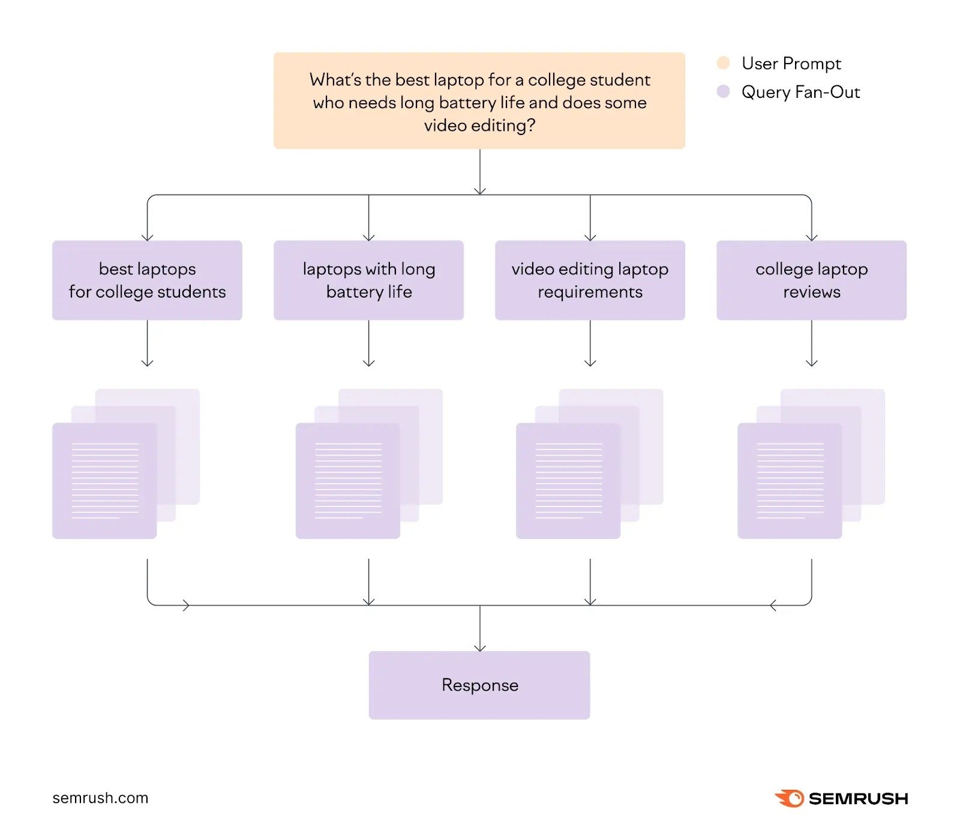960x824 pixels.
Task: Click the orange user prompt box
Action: [479, 101]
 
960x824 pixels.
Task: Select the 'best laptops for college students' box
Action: [147, 280]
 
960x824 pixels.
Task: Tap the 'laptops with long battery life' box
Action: [368, 280]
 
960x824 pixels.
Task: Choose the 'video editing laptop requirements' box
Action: [590, 280]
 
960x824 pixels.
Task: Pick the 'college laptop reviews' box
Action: [811, 280]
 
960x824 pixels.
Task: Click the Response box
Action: [479, 685]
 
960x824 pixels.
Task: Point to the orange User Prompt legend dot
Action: [723, 63]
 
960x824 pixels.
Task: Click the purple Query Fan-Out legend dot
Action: [723, 92]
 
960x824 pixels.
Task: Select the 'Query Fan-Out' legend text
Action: [800, 92]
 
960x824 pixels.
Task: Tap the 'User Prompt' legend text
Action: [791, 63]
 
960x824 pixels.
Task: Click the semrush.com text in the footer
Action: [100, 798]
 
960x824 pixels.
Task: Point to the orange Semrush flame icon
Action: [790, 798]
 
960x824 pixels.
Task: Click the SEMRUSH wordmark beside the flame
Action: [858, 799]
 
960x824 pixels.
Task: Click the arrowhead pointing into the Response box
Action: [479, 647]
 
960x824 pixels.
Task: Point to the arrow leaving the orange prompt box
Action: [479, 171]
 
